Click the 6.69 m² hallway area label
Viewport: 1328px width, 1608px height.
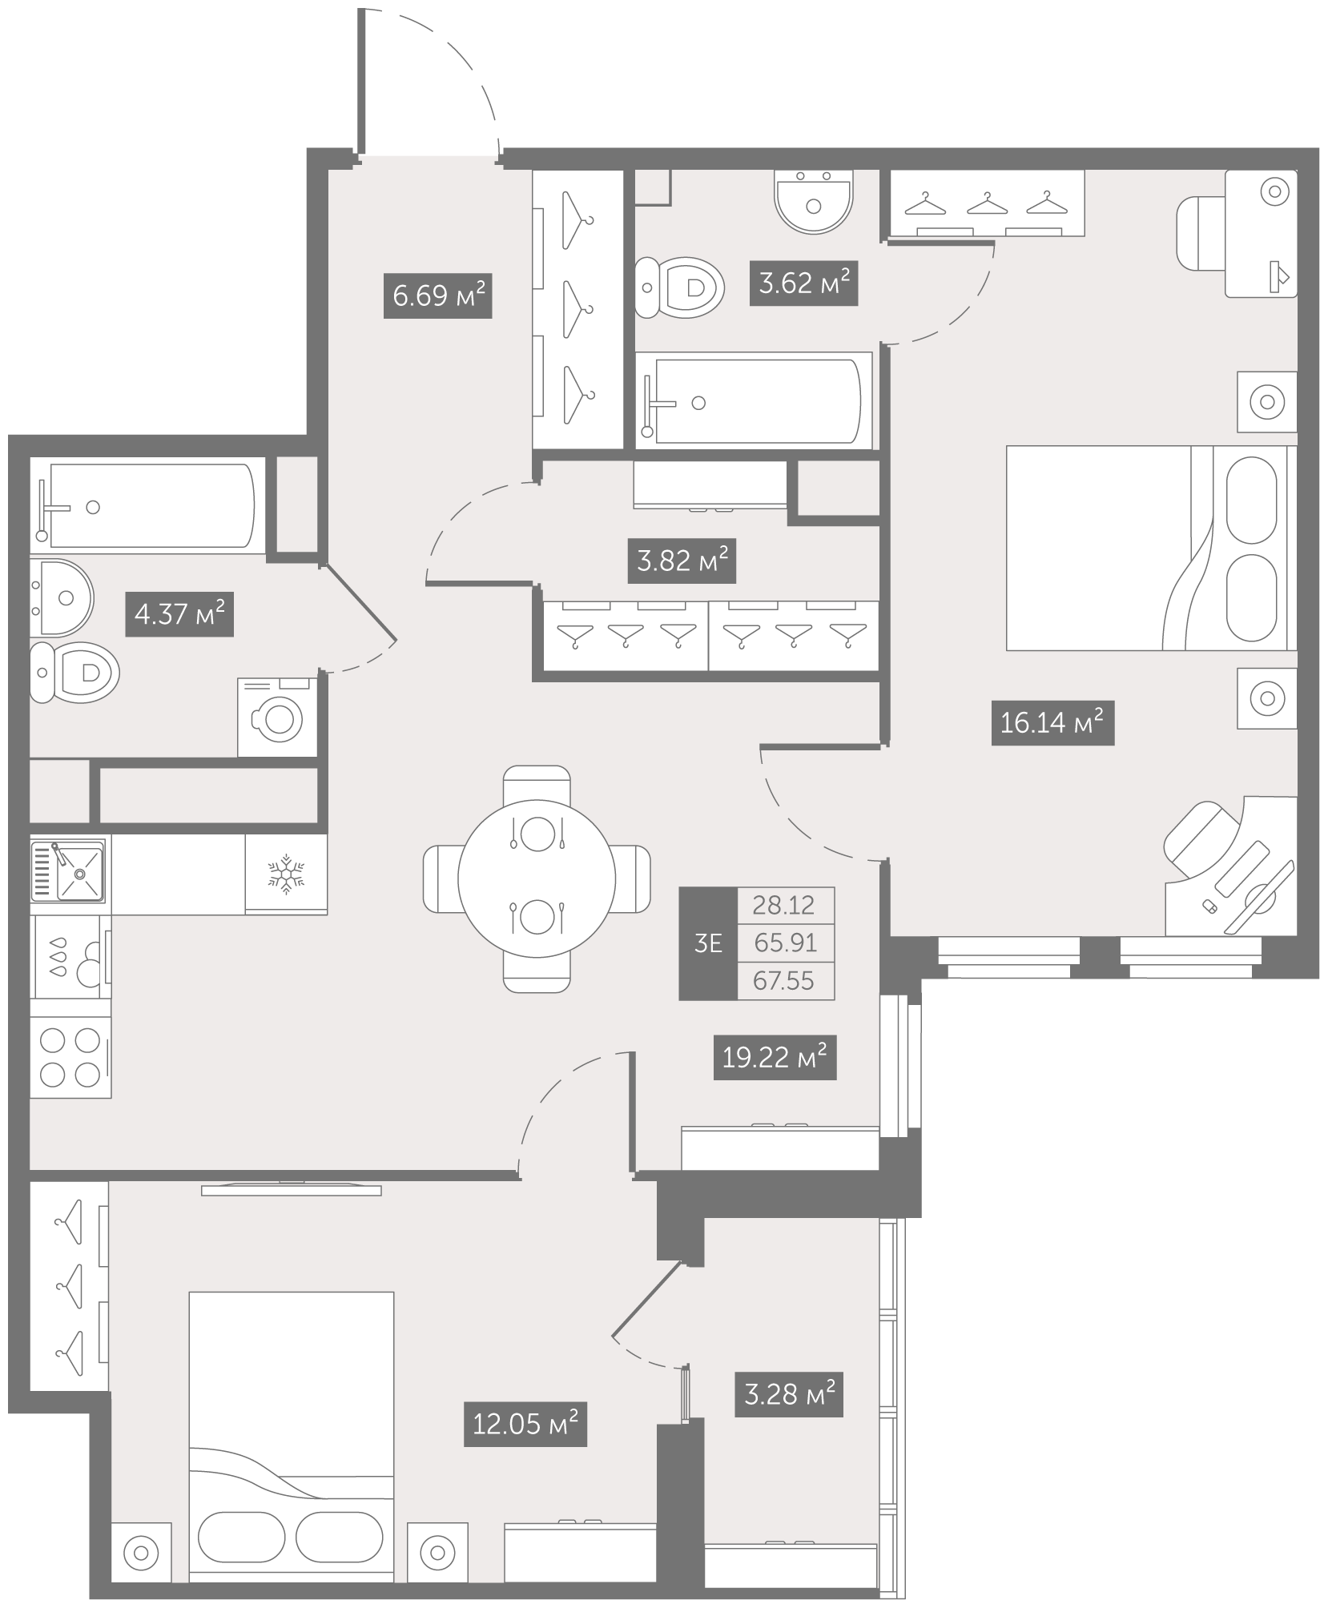click(x=437, y=296)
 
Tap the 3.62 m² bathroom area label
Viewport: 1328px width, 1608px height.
click(x=803, y=283)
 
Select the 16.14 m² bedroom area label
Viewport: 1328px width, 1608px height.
click(x=1052, y=723)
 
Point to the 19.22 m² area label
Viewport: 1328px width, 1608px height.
click(x=775, y=1057)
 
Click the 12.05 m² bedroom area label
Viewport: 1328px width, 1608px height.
click(x=525, y=1424)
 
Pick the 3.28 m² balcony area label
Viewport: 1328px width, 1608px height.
click(x=789, y=1394)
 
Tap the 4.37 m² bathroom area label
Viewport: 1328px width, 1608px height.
click(x=179, y=614)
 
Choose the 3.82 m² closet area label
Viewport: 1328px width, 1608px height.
click(x=682, y=561)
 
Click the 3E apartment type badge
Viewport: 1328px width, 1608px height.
click(x=708, y=943)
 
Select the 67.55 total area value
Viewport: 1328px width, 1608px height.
click(x=784, y=981)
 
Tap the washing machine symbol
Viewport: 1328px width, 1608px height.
click(x=277, y=717)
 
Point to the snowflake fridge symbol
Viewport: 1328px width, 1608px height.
click(x=286, y=874)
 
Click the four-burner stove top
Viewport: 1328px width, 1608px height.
click(x=70, y=1057)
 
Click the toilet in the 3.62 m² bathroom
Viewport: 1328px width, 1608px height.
click(x=680, y=286)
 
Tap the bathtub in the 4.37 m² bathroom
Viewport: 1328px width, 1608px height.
click(x=148, y=505)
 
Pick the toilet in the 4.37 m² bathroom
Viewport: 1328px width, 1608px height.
click(x=74, y=671)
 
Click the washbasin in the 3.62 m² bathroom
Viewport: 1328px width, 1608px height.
click(x=814, y=201)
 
